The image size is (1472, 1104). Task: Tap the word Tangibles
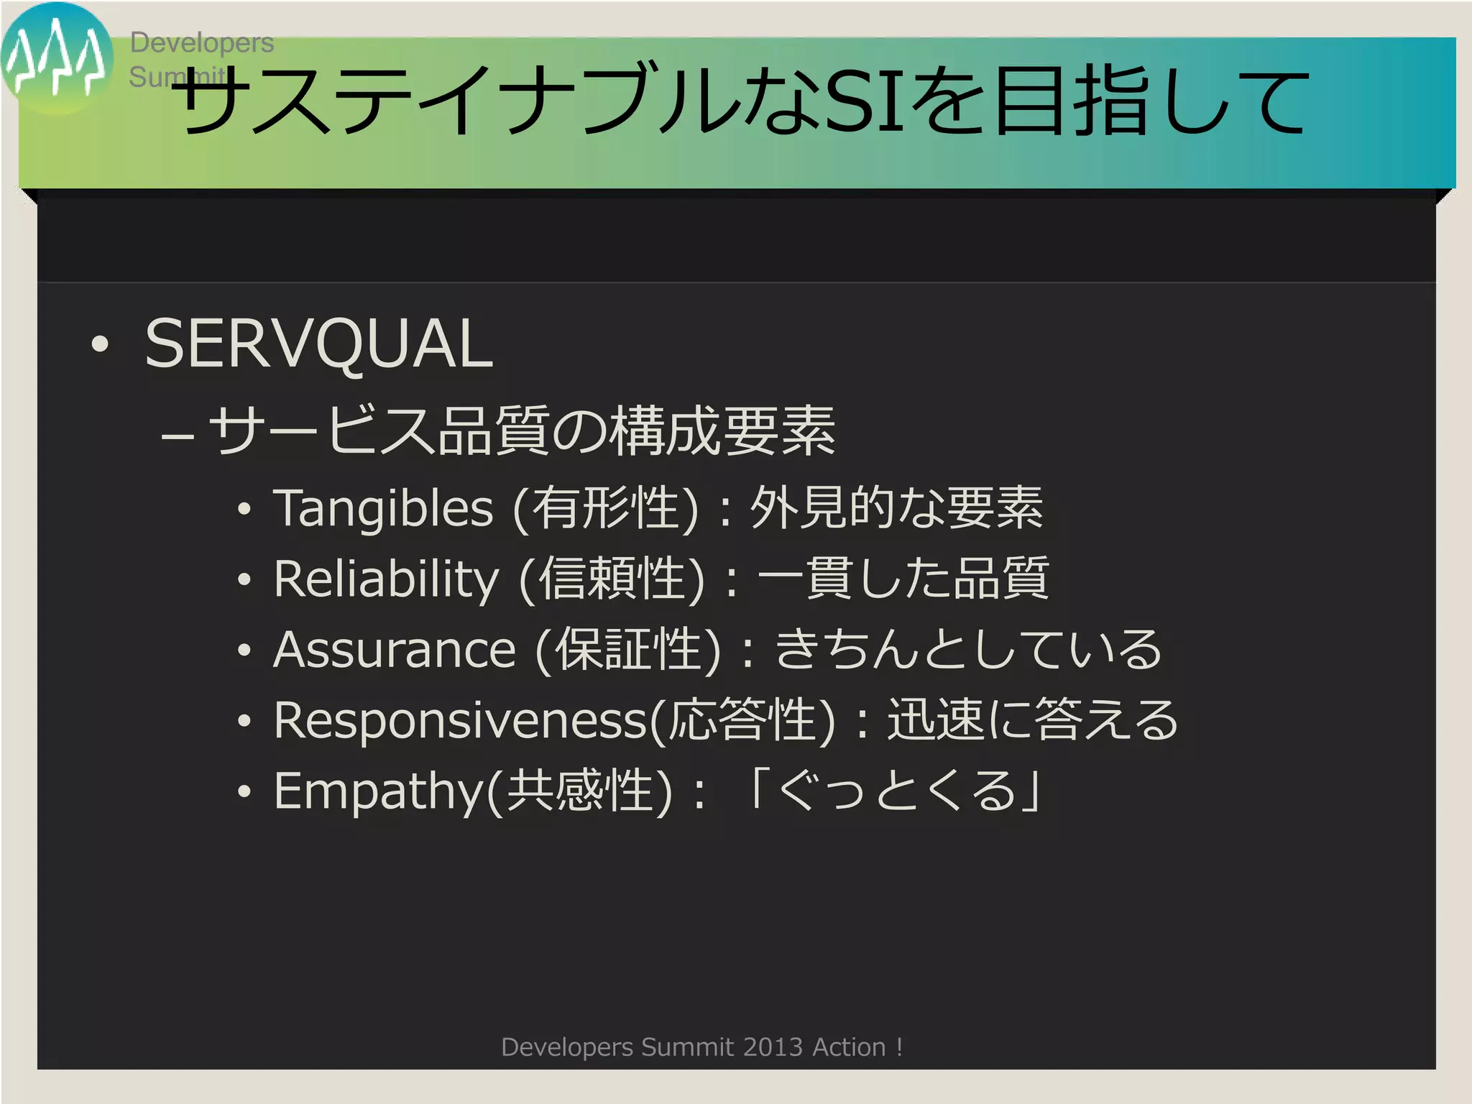382,508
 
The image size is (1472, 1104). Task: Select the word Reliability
386,579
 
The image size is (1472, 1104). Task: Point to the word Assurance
395,650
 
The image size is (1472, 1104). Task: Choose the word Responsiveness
461,720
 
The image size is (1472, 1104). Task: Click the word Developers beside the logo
201,43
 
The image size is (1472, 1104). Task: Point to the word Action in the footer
849,1047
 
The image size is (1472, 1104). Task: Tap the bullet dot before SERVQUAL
101,344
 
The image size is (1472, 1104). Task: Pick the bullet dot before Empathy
244,791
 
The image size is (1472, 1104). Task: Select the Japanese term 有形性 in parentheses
606,508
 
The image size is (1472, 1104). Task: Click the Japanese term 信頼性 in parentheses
612,579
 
